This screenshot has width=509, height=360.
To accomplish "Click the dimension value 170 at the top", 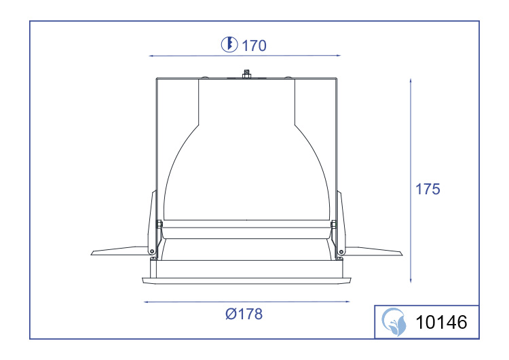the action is coord(254,46).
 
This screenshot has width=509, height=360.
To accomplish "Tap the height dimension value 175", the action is coord(428,189).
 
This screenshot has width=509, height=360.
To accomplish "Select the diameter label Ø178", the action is coord(244,314).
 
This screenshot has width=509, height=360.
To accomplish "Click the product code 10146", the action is coord(442,322).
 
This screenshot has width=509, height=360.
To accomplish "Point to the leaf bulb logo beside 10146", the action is coord(394,322).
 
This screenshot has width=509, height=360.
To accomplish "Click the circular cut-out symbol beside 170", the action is coord(229,45).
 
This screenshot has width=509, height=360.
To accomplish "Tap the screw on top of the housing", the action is coord(247,74).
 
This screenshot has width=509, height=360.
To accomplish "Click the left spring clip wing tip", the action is coord(92,253).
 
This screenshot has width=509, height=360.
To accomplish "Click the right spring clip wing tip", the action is coord(402,253).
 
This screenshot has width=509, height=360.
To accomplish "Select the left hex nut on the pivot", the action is coord(159,224).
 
